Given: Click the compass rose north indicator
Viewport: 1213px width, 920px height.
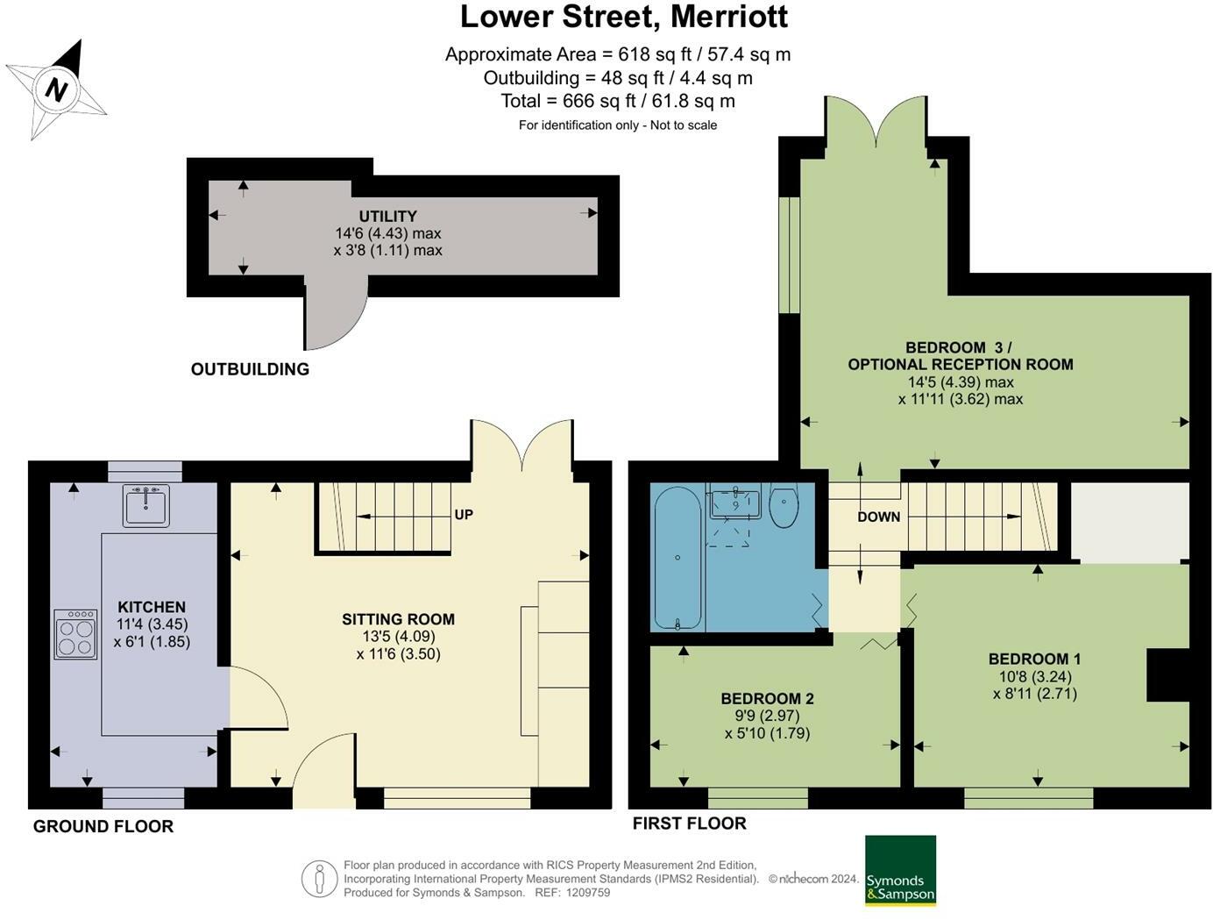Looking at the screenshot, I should (x=57, y=89).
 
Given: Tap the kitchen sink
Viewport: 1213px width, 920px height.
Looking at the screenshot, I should (x=146, y=505).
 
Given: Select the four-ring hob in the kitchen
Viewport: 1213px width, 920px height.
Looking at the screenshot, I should (x=75, y=634).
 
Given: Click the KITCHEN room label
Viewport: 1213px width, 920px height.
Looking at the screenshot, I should (x=152, y=607).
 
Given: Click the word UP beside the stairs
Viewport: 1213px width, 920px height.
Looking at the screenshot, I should (x=464, y=515).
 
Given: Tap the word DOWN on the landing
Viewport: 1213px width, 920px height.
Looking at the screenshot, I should (x=878, y=517).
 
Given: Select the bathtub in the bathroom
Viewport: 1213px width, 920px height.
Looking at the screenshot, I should (x=677, y=558).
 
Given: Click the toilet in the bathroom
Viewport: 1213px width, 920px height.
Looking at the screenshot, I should (x=783, y=507).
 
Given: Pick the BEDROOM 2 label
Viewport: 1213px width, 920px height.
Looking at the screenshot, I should (x=767, y=699).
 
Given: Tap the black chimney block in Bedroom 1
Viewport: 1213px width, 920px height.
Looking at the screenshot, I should (x=1168, y=674).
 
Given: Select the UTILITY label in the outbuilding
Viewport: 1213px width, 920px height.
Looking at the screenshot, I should (x=387, y=217).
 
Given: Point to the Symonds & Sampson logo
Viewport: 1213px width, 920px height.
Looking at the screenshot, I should (x=900, y=870).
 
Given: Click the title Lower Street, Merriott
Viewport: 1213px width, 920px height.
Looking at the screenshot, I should (x=623, y=17).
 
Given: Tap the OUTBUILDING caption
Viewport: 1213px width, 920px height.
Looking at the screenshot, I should (x=250, y=369).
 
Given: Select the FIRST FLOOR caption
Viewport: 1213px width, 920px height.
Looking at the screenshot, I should (x=689, y=824).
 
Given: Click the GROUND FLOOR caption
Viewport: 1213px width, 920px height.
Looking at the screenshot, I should (x=103, y=826).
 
